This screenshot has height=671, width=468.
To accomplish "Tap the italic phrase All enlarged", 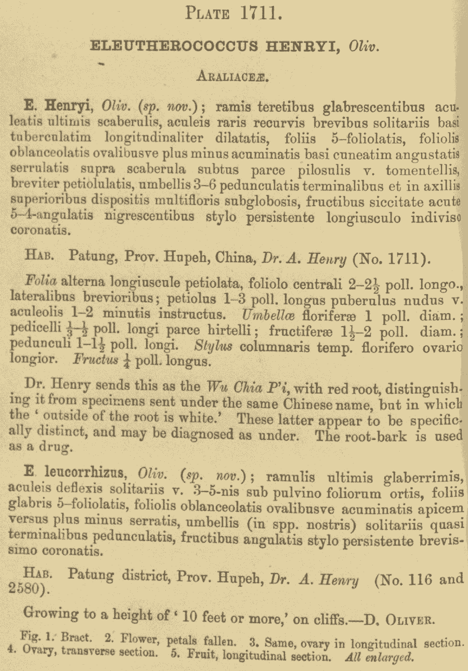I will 379,656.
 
